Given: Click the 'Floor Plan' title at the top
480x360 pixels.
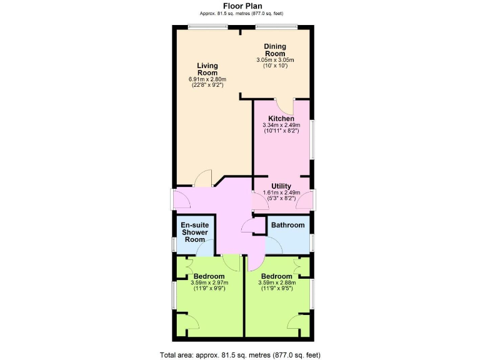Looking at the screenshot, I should click(x=241, y=6).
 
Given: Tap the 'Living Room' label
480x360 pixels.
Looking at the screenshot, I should click(x=207, y=69).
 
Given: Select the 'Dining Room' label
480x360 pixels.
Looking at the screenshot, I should click(x=274, y=49).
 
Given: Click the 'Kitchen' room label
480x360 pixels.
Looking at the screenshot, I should click(x=281, y=119).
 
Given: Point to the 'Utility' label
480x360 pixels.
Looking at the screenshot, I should click(x=281, y=186).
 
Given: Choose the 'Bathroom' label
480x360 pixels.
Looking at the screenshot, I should click(x=288, y=225).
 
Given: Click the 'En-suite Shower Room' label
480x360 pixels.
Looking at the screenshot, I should click(x=194, y=232).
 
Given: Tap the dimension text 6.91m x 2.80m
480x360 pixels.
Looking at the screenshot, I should click(x=207, y=79).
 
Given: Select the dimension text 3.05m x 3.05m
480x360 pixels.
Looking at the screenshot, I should click(x=275, y=60).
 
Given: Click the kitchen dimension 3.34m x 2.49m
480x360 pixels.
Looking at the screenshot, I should click(x=281, y=126).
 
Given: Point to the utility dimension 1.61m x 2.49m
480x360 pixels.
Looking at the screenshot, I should click(x=281, y=192).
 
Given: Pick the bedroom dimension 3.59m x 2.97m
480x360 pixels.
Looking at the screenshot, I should click(x=209, y=283).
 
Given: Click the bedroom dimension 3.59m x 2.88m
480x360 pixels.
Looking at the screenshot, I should click(x=277, y=283).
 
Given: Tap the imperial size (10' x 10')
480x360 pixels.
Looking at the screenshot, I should click(x=275, y=66).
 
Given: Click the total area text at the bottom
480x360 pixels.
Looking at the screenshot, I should click(x=240, y=354).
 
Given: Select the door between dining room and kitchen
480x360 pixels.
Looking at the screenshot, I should click(x=283, y=105).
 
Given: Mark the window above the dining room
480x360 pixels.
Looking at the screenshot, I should click(x=276, y=26).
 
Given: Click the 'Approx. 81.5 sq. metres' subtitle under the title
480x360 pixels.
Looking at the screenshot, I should click(x=241, y=14).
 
